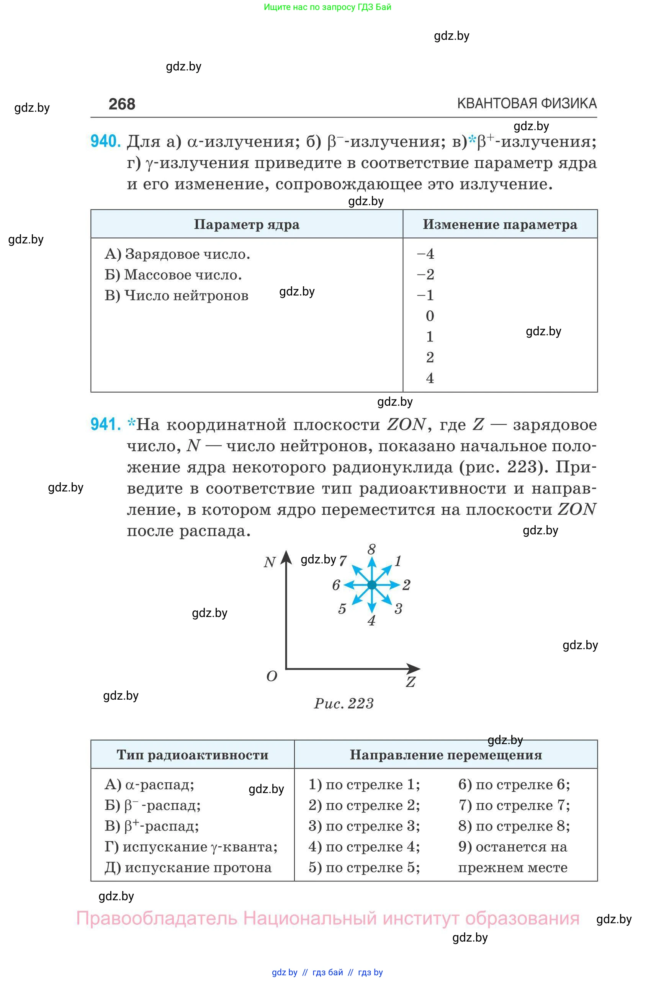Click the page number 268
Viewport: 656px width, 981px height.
(x=122, y=104)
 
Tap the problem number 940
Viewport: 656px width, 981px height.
(x=105, y=141)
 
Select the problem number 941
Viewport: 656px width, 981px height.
(x=105, y=424)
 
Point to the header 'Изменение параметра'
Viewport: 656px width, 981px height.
(x=500, y=225)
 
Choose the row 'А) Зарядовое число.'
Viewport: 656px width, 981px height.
(x=177, y=254)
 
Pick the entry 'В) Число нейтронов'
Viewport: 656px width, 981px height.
(x=176, y=295)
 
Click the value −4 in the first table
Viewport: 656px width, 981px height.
(x=426, y=254)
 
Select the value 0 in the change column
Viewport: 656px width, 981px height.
(x=430, y=316)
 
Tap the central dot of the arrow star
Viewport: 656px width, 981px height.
(x=371, y=585)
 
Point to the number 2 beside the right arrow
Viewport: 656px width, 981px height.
(x=406, y=585)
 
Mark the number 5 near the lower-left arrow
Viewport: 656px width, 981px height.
(x=342, y=609)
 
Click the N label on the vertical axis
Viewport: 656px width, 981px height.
(x=270, y=562)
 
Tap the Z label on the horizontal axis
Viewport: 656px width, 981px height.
(x=411, y=682)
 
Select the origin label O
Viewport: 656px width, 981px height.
(x=272, y=676)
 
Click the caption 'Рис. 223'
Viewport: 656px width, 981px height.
(x=344, y=704)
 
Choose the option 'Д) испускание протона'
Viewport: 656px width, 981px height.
(x=188, y=868)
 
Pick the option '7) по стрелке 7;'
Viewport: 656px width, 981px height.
(x=514, y=805)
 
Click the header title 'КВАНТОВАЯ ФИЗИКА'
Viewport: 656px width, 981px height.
(x=527, y=104)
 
